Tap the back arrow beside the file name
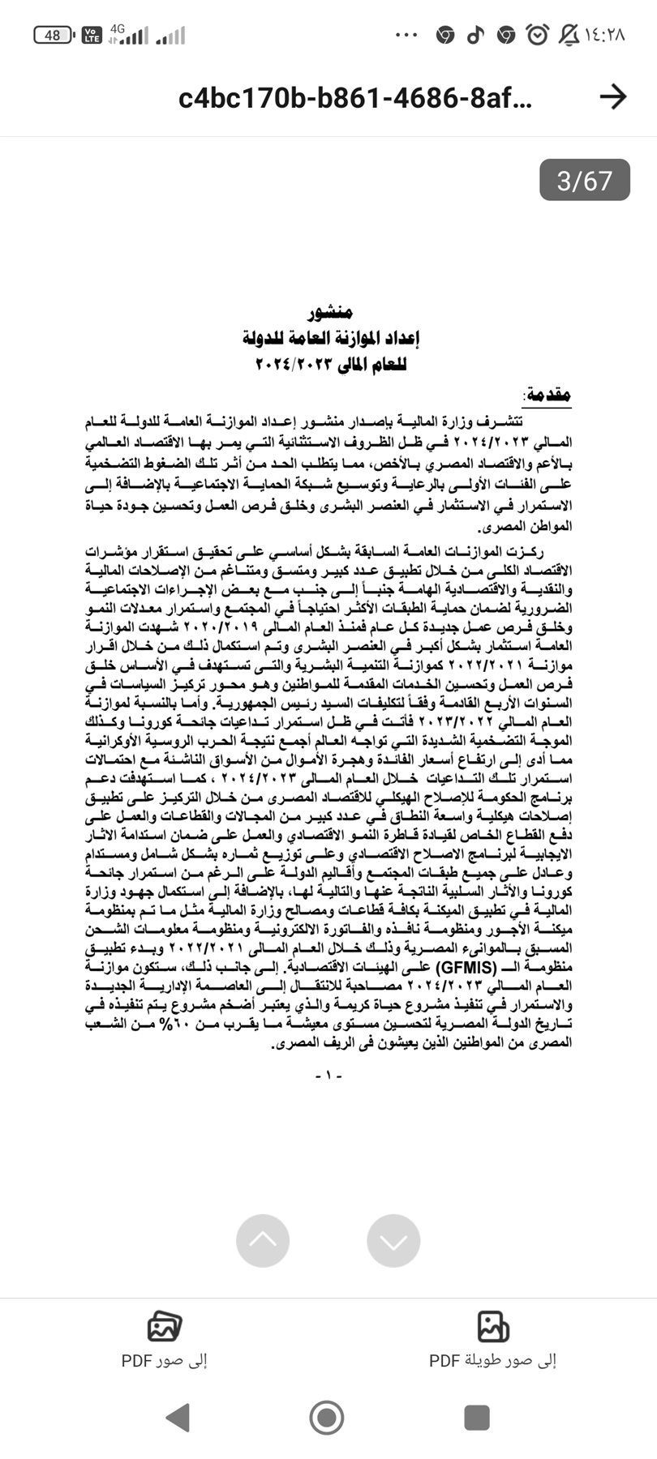(x=613, y=97)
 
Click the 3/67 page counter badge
(x=584, y=179)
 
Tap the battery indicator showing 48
(x=54, y=36)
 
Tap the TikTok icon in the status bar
(x=475, y=35)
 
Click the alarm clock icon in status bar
(x=537, y=35)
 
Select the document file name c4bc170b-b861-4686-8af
(x=355, y=98)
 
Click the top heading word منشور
(x=330, y=313)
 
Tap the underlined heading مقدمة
(x=548, y=396)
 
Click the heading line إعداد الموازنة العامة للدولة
(x=330, y=338)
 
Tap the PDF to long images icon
(x=492, y=1326)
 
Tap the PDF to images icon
(x=165, y=1326)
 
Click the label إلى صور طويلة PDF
(x=492, y=1361)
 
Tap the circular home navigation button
(x=327, y=1417)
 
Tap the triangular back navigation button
(x=178, y=1417)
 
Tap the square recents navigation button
(x=477, y=1417)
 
